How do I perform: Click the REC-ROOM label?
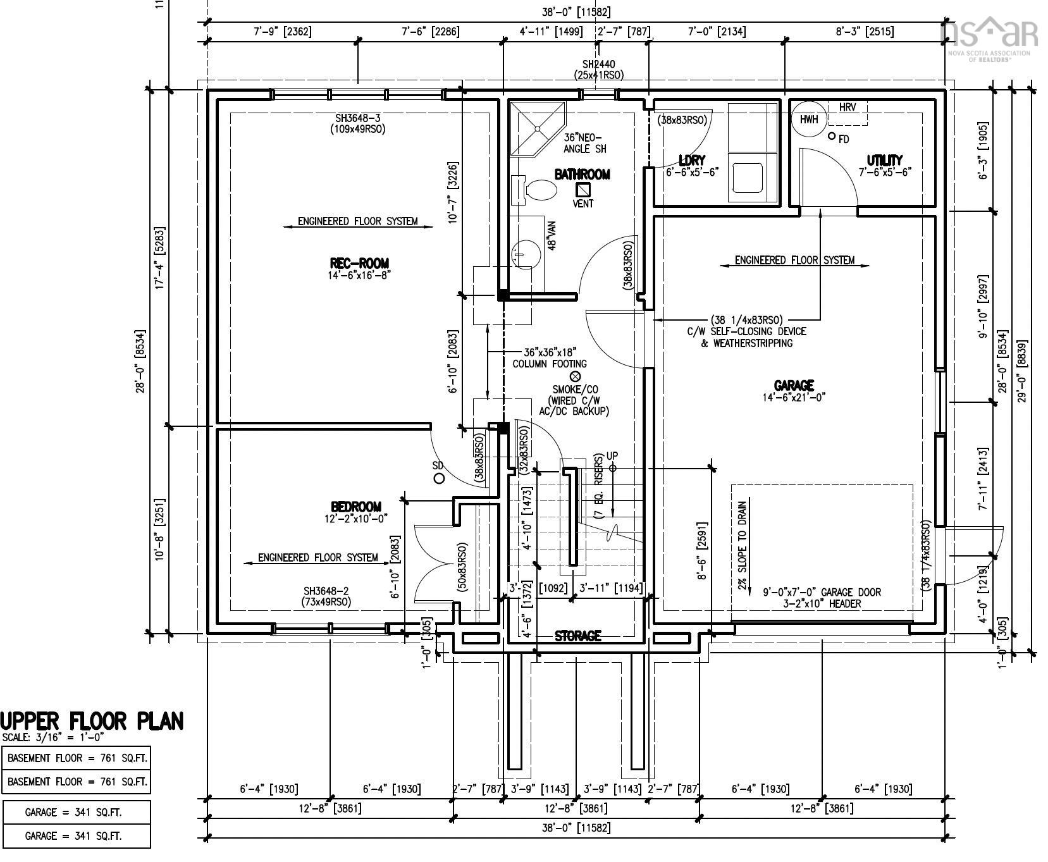point(359,263)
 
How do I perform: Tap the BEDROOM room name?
point(356,507)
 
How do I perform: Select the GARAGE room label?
point(794,385)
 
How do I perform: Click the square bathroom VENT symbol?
point(583,189)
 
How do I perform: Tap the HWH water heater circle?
point(808,120)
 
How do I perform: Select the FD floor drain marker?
point(832,136)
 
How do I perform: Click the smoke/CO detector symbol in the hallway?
point(575,376)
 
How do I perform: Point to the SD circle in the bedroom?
point(439,478)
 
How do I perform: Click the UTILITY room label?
point(884,160)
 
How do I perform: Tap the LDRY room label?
point(691,160)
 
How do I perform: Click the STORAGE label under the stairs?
point(577,636)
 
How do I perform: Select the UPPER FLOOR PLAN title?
point(92,721)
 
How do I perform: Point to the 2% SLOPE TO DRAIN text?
point(743,545)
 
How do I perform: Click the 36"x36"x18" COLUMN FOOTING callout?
point(550,357)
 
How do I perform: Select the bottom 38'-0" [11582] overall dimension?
point(576,827)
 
